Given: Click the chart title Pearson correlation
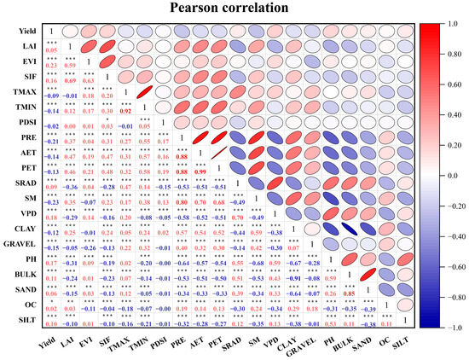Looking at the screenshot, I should click(x=234, y=9).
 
